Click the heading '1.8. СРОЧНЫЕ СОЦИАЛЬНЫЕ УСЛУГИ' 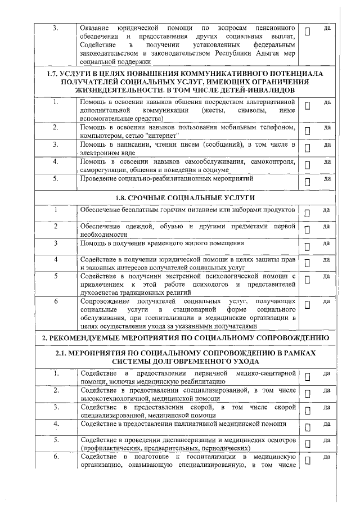185,198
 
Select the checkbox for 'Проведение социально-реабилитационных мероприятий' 308,182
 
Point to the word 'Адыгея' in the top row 247,53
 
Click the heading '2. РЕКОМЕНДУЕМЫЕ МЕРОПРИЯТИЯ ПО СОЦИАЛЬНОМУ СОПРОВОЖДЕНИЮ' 185,337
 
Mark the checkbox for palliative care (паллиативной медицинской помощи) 308,426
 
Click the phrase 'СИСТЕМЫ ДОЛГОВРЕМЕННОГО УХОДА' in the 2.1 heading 185,361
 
